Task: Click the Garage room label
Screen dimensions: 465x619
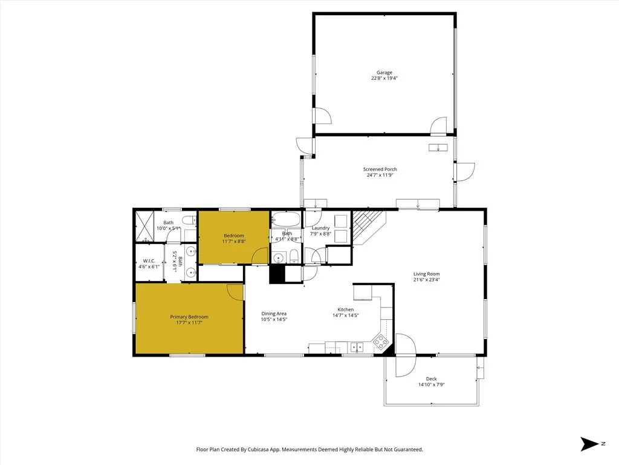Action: [384, 72]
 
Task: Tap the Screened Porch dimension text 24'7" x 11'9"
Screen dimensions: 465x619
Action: [380, 176]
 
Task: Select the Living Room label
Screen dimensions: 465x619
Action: [426, 273]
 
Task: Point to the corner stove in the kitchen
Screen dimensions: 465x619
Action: [381, 342]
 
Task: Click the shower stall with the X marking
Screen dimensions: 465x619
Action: [144, 225]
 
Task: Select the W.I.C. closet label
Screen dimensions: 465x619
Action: [149, 261]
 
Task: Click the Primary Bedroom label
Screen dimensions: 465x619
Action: [189, 317]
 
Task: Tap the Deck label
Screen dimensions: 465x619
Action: [431, 379]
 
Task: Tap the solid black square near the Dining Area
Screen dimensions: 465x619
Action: [277, 274]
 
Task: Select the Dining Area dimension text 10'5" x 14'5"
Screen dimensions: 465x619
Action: [273, 320]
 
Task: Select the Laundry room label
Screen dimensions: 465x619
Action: [320, 228]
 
